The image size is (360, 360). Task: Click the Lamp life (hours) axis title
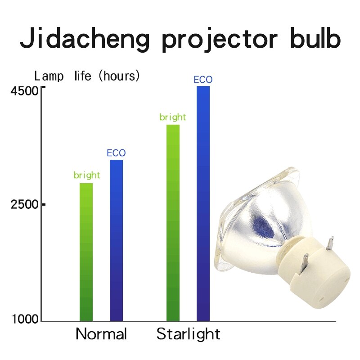click(x=87, y=76)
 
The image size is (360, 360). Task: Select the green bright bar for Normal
click(x=86, y=252)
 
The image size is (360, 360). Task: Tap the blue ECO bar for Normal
click(x=116, y=240)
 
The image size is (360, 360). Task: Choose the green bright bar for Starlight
click(x=173, y=223)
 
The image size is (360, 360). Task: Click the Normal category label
click(x=101, y=334)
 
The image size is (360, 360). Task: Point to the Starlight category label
click(x=188, y=334)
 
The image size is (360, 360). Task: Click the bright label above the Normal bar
click(x=87, y=175)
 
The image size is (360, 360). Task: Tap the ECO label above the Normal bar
click(x=116, y=153)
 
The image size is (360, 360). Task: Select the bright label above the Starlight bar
click(x=173, y=117)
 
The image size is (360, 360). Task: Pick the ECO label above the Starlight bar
click(x=203, y=80)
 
